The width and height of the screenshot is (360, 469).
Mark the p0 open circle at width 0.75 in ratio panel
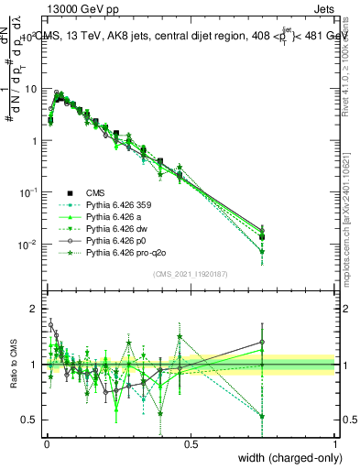tap(262, 343)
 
